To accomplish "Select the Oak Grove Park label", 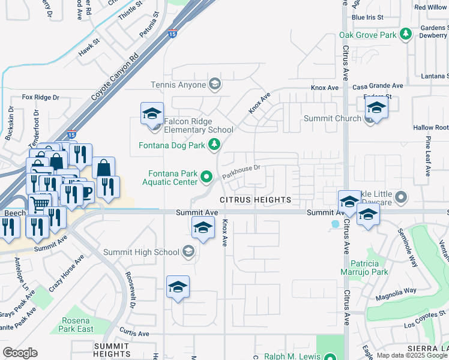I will pyautogui.click(x=368, y=35).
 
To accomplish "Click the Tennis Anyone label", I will pyautogui.click(x=178, y=85).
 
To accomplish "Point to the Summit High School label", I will pyautogui.click(x=141, y=252).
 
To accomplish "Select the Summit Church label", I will pyautogui.click(x=332, y=119).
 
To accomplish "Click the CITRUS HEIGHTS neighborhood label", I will pyautogui.click(x=255, y=199).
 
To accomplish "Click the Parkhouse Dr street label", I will pyautogui.click(x=241, y=172).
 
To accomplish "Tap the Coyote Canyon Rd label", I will pyautogui.click(x=115, y=78).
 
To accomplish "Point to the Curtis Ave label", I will pyautogui.click(x=134, y=333).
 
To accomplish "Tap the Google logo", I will pyautogui.click(x=20, y=353).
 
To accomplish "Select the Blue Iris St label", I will pyautogui.click(x=367, y=17).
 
